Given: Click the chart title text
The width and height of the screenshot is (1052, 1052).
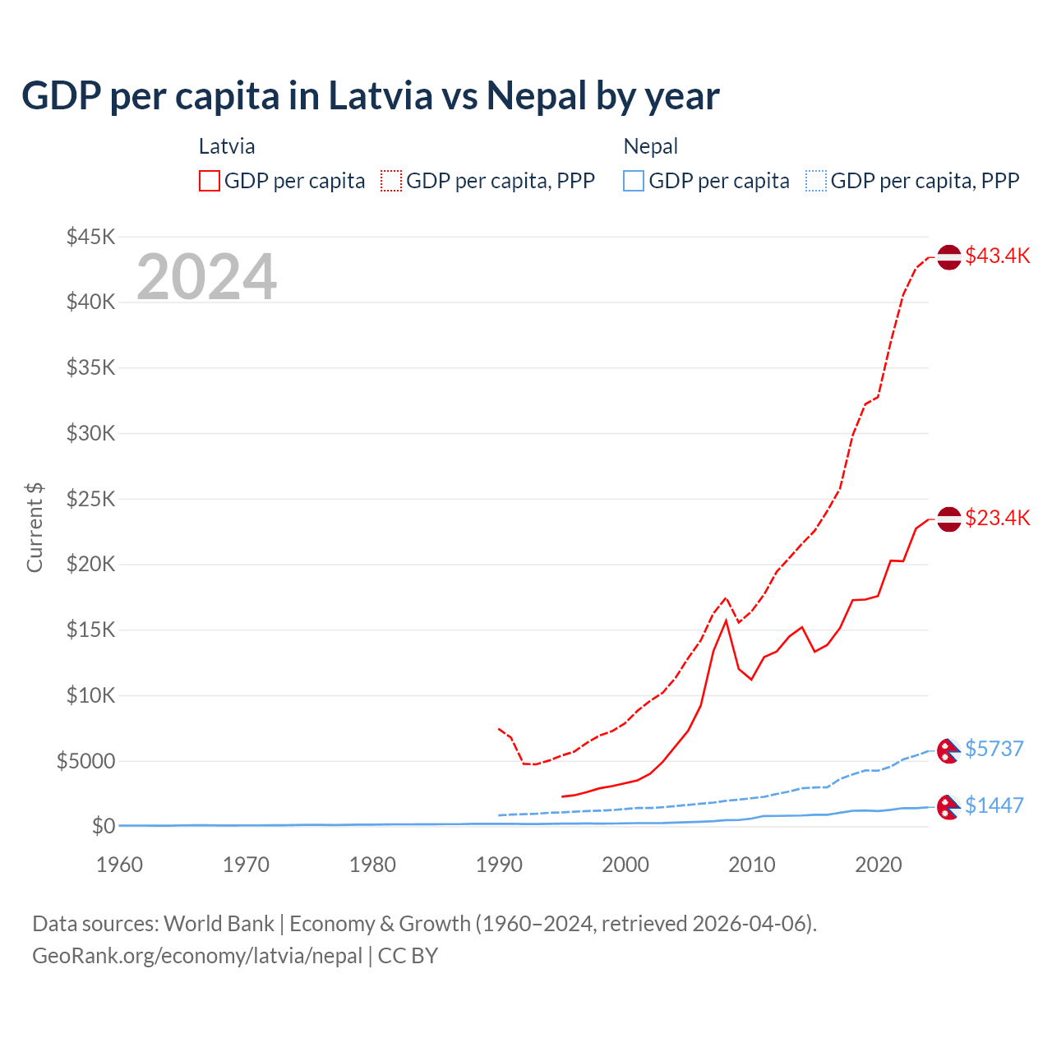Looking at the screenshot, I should pos(371,95).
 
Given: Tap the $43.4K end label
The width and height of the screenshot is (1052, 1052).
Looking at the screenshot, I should pos(997,256).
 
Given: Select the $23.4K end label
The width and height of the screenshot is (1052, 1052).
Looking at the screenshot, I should pos(997,518).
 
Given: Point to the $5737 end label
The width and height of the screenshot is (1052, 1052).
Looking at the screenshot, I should pos(994,749).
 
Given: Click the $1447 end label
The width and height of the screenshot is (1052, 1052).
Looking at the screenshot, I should pos(994,805).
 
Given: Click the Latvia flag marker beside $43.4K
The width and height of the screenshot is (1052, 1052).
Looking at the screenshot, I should pos(949,257).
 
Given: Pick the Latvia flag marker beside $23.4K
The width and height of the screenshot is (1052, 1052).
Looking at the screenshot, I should pos(949,519).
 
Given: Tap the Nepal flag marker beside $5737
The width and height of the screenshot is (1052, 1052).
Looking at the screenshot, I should pos(949,750).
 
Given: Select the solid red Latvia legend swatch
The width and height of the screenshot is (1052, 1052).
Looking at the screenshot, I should pos(210,181).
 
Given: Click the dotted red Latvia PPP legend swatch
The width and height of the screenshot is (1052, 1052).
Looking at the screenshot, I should pos(391,181).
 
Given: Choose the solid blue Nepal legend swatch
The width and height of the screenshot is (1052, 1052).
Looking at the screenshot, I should pos(634,181).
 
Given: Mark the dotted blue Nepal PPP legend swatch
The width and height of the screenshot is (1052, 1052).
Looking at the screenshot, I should pos(816,181).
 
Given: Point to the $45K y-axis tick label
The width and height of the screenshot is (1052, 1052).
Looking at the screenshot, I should pos(90,237).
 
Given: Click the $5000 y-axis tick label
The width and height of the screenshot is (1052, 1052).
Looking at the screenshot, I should pos(85,761).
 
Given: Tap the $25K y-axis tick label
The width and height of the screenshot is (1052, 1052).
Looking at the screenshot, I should pos(90,499).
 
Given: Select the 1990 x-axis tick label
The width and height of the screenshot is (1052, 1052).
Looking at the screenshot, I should pos(499,865).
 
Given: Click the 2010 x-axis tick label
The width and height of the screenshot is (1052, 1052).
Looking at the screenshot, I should pos(752,865).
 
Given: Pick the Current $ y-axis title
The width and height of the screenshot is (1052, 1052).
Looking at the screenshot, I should pos(35,528).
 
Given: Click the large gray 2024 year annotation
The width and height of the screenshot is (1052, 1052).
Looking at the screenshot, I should pos(206,277).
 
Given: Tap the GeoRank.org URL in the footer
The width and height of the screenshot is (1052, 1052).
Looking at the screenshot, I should pos(197,956).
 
